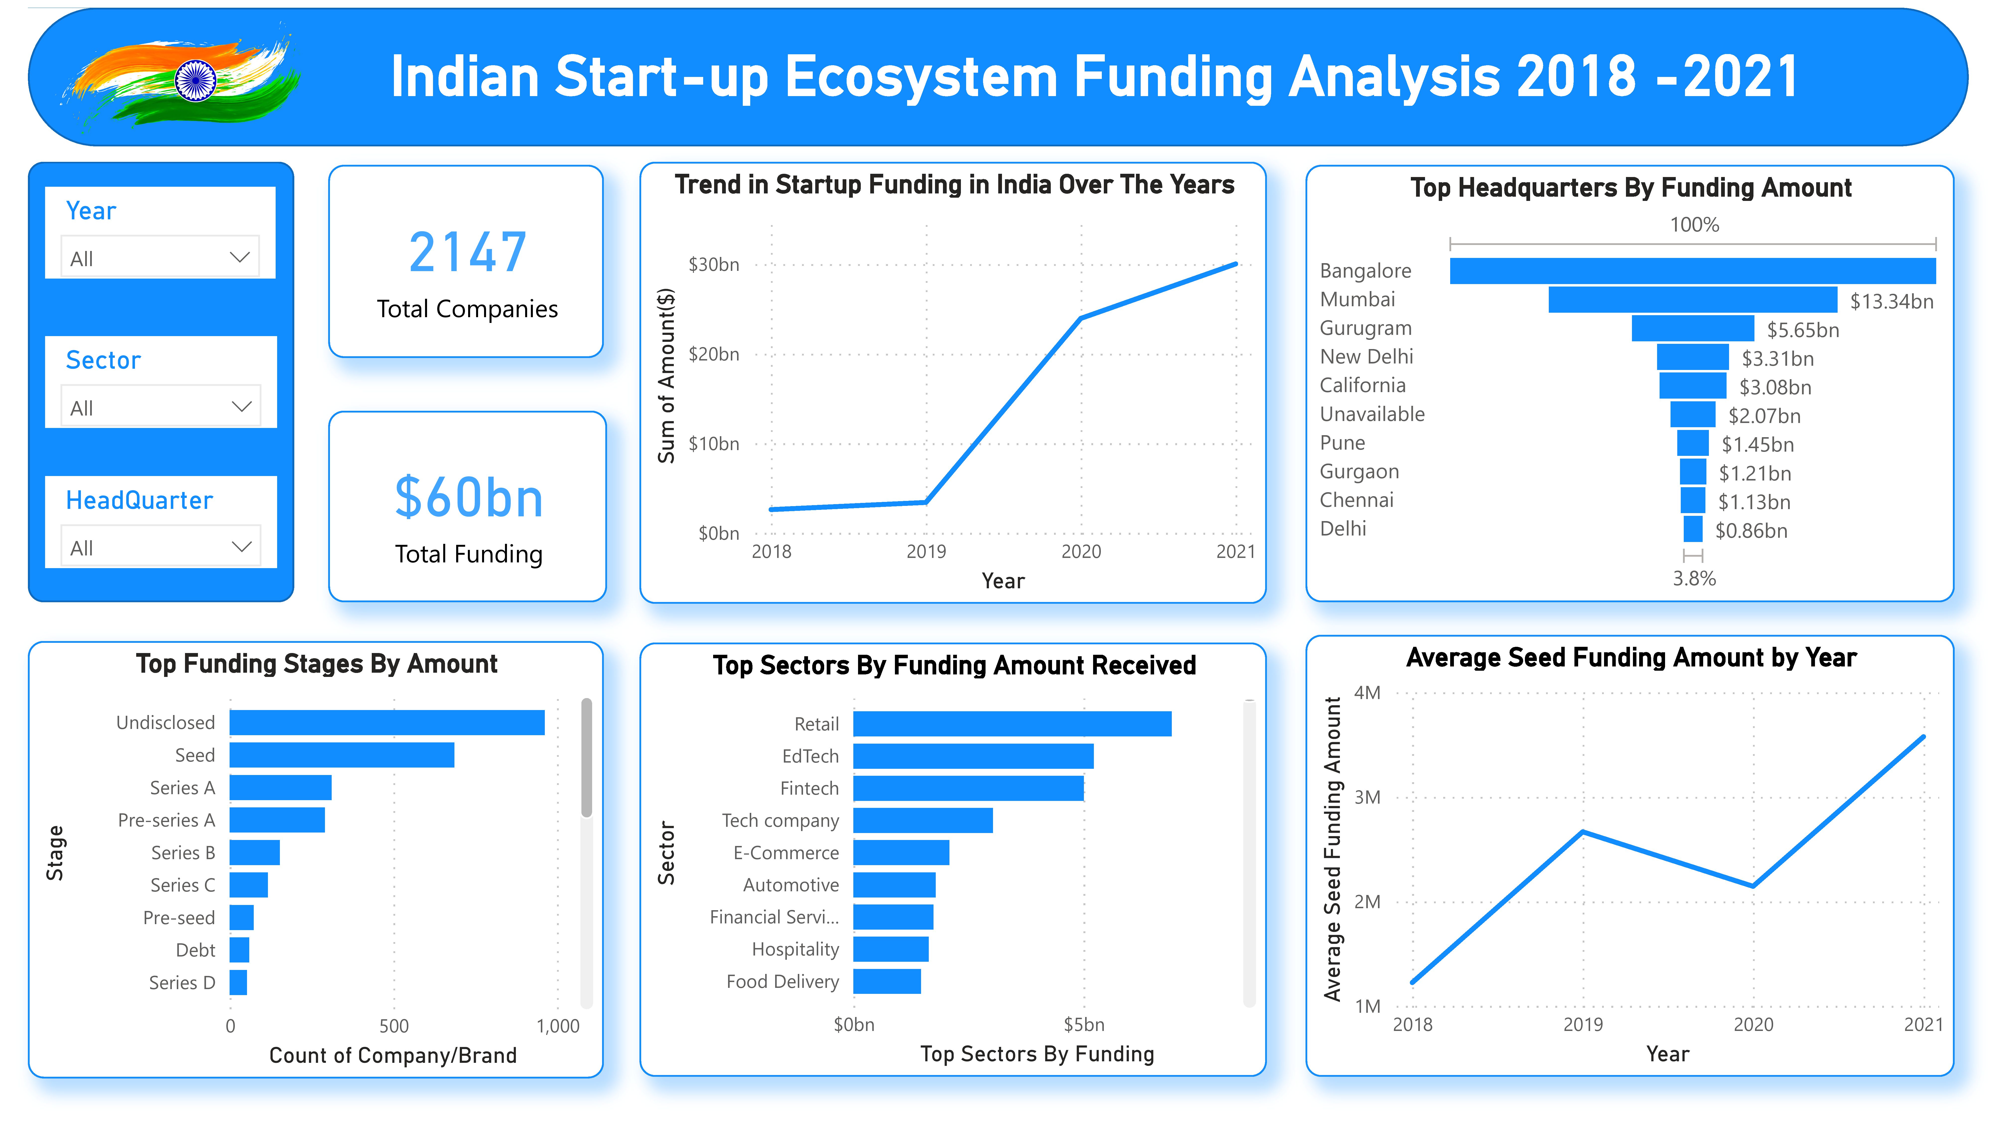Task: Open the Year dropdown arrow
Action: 240,257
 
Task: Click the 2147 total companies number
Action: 467,253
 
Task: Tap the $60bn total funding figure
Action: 468,498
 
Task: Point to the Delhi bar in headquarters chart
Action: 1692,529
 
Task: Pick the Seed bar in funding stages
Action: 342,755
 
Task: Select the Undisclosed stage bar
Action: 387,722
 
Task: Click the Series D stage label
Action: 182,982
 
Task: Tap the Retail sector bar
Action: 1012,724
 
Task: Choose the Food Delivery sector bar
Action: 887,981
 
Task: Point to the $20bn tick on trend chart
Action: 713,354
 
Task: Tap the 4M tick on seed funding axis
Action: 1367,693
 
